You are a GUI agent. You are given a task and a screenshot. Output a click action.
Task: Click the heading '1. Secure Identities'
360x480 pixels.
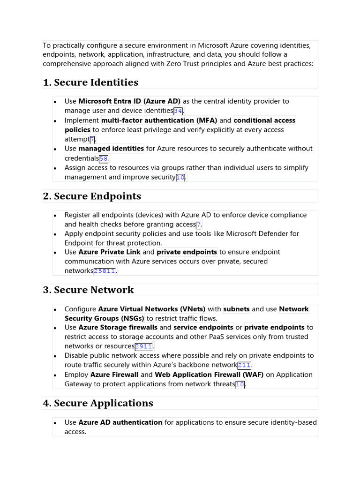tap(90, 82)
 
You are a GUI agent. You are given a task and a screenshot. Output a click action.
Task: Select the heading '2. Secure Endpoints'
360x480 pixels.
tap(92, 196)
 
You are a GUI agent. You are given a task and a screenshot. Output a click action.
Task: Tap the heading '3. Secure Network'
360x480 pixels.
tap(88, 290)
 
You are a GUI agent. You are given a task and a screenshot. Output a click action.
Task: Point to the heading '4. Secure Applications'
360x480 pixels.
tap(98, 403)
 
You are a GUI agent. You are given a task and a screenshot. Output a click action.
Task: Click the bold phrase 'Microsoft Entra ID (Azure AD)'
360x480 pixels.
tap(129, 101)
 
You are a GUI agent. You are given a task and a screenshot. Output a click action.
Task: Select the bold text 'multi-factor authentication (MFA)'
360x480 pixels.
tap(159, 120)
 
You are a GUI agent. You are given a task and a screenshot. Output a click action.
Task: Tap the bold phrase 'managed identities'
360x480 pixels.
tap(111, 149)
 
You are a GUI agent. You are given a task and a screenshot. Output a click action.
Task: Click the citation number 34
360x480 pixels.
tap(178, 111)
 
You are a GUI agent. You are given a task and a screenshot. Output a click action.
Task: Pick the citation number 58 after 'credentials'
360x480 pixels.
tap(104, 158)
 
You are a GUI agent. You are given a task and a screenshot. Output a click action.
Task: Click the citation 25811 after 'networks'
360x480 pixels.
tap(105, 271)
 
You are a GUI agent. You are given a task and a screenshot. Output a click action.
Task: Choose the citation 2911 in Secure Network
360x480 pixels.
tap(143, 346)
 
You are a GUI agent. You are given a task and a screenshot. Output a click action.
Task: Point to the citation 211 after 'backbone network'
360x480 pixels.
tap(244, 365)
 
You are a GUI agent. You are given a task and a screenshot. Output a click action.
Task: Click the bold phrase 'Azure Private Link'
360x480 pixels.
tap(109, 252)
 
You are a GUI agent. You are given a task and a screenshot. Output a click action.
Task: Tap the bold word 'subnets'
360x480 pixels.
tap(236, 309)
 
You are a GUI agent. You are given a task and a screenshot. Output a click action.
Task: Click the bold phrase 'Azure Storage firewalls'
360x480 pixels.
tap(118, 328)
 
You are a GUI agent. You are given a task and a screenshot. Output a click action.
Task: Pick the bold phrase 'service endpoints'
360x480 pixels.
tap(203, 328)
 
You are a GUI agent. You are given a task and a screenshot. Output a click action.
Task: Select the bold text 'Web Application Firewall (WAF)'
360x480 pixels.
tap(209, 375)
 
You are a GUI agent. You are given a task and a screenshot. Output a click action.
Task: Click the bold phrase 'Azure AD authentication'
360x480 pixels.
tap(120, 422)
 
